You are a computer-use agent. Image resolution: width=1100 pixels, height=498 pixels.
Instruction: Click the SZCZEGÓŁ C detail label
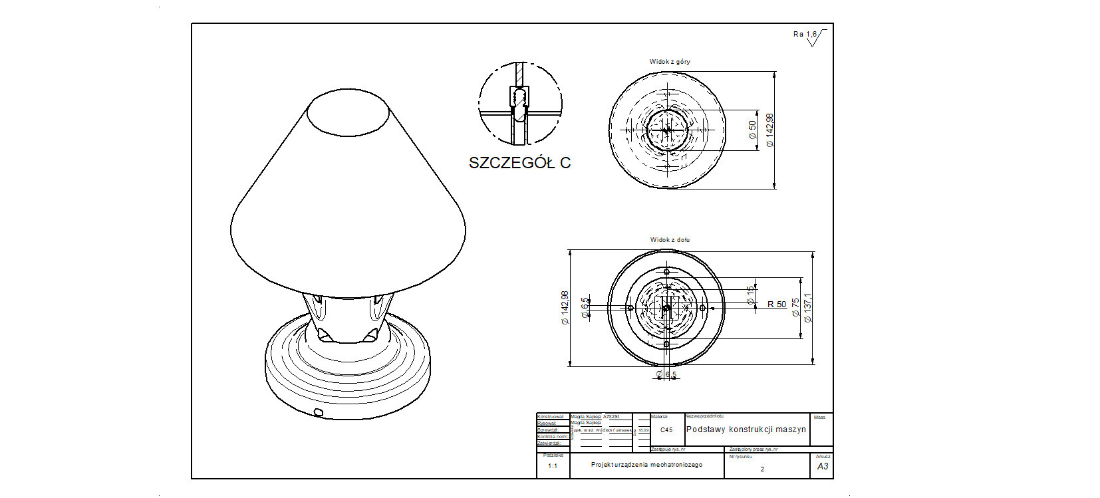(x=519, y=163)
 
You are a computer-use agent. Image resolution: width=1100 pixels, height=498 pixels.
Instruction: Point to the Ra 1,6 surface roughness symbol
(x=809, y=37)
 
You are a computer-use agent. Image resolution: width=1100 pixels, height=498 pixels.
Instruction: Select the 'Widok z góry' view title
(x=670, y=62)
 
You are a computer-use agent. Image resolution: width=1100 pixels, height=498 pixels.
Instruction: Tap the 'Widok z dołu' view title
(x=670, y=240)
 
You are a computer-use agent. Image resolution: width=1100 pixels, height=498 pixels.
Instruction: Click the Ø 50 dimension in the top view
(x=753, y=130)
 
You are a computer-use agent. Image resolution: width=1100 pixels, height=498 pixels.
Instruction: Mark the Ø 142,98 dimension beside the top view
(x=770, y=130)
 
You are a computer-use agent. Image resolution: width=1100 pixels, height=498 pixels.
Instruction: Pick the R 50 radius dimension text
(x=776, y=305)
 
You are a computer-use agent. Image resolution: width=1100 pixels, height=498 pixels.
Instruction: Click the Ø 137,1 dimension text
(x=808, y=308)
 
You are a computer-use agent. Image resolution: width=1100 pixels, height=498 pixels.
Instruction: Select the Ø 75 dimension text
(x=795, y=307)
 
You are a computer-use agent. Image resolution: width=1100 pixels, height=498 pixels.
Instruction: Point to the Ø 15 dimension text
(x=751, y=296)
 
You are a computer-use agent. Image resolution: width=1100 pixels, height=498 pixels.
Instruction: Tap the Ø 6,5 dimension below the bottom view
(x=666, y=375)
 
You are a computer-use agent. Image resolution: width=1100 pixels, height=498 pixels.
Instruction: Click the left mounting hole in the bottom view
(x=630, y=308)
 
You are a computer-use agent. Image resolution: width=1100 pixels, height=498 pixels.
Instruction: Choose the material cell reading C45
(x=666, y=430)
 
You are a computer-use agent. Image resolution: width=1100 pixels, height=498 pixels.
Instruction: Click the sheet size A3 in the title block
(x=823, y=467)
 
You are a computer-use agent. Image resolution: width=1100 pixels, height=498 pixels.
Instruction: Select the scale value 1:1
(x=553, y=466)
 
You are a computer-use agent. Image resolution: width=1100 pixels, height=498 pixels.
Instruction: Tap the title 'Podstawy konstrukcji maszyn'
(x=746, y=430)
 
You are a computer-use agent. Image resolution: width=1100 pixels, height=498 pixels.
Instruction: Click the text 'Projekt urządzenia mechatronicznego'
(x=646, y=465)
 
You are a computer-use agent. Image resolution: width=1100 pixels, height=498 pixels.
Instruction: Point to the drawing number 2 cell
(x=762, y=469)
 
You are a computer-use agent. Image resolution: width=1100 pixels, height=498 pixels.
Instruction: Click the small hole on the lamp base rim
(x=318, y=413)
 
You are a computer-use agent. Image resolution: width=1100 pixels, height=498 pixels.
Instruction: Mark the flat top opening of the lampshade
(x=348, y=112)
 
